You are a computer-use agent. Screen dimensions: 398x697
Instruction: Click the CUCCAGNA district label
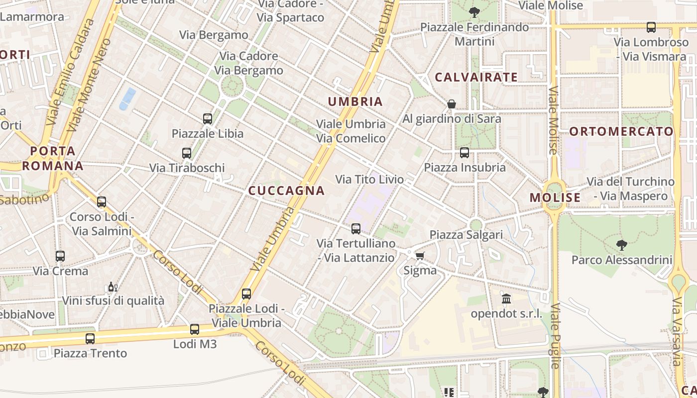[286, 191]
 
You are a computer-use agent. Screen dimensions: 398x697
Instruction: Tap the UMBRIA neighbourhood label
[355, 102]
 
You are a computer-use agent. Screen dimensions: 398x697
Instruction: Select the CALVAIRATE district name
[476, 77]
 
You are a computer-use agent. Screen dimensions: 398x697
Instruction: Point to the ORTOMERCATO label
[621, 132]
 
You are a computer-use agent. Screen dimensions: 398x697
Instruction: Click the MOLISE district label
[555, 198]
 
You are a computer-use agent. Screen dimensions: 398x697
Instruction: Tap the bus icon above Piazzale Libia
[208, 119]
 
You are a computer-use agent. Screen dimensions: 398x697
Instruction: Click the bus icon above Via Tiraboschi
[187, 153]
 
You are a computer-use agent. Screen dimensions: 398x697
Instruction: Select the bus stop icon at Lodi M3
[195, 329]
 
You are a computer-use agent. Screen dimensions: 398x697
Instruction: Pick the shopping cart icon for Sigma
[420, 256]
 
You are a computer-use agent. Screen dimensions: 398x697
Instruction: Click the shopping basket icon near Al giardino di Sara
[451, 104]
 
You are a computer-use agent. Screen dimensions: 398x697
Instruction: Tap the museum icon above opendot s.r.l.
[506, 299]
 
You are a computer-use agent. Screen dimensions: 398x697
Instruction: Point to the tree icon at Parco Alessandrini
[621, 245]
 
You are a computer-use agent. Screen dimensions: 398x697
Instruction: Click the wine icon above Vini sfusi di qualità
[113, 287]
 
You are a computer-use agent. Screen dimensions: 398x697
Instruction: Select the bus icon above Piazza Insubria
[465, 153]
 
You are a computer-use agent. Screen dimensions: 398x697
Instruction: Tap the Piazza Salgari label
[466, 235]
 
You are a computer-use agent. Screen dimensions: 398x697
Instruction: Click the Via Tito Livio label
[369, 179]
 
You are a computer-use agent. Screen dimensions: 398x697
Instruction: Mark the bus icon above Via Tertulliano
[356, 229]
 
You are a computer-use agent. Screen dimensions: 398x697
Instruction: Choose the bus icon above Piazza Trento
[90, 339]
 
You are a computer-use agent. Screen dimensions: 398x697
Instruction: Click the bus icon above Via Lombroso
[651, 27]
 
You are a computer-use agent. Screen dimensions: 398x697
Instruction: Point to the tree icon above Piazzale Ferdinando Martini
[474, 12]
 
